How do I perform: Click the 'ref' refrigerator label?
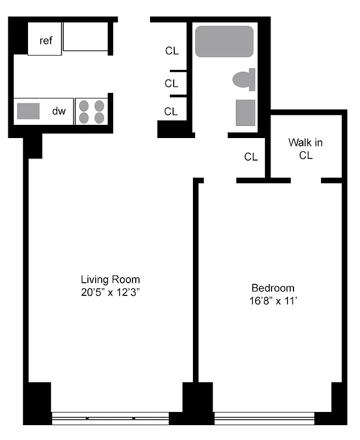coord(46,40)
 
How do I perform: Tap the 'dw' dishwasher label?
coord(59,111)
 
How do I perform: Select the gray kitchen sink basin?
coord(28,111)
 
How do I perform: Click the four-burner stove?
coord(91,111)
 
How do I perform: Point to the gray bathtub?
coord(224,42)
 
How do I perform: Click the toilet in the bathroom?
coord(243,80)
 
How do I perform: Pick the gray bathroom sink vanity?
coord(245,113)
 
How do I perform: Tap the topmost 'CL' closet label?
coord(172,51)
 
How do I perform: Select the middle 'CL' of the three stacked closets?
coord(171,84)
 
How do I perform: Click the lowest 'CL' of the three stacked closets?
coord(171,112)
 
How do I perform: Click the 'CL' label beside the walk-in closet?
coord(251,157)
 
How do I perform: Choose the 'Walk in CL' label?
coord(306,148)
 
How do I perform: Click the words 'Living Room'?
coord(110,279)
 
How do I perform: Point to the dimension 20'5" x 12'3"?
coord(110,293)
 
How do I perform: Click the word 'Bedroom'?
coord(273,288)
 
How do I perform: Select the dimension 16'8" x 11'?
coord(273,301)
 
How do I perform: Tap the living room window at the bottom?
coord(110,419)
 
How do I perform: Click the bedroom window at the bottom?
coord(264,419)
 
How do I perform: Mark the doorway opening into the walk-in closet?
coord(306,180)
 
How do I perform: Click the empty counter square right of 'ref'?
coord(85,37)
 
